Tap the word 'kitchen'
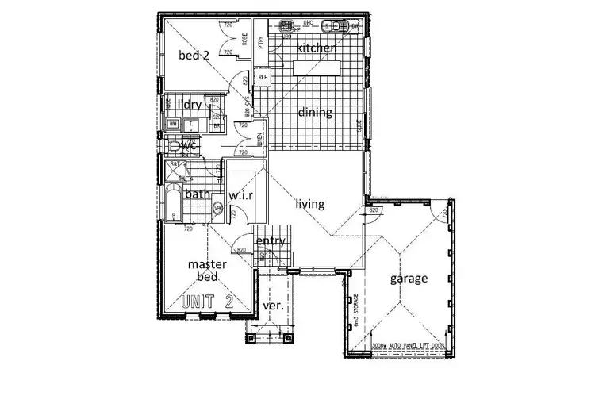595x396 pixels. pyautogui.click(x=317, y=49)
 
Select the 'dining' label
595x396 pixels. pyautogui.click(x=314, y=113)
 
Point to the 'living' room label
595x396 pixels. pyautogui.click(x=310, y=204)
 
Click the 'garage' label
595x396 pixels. pyautogui.click(x=409, y=279)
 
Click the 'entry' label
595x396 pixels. pyautogui.click(x=270, y=240)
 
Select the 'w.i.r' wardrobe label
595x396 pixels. pyautogui.click(x=241, y=195)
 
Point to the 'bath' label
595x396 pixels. pyautogui.click(x=197, y=194)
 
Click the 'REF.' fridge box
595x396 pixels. pyautogui.click(x=262, y=78)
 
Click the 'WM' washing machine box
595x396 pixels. pyautogui.click(x=173, y=125)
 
